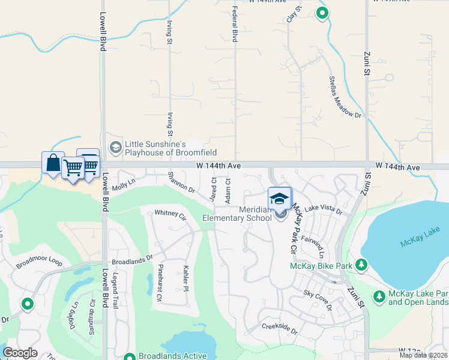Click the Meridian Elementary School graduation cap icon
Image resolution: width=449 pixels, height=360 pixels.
pos(279,198)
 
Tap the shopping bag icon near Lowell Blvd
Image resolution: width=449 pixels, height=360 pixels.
pos(53,163)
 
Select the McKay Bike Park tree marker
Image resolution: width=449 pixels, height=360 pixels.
pos(361,265)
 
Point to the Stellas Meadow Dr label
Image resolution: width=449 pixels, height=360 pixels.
pos(345,97)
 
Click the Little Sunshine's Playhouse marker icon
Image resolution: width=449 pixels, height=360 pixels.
pos(115,146)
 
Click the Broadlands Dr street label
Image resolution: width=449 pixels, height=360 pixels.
pos(132,262)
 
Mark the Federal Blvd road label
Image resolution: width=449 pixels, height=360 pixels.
pos(235,25)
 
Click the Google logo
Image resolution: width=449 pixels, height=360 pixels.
pos(20,353)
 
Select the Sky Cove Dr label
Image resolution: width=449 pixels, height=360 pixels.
pos(318,300)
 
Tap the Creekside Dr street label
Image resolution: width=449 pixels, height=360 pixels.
pos(280,328)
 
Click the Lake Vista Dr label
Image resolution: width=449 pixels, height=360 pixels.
pos(323,210)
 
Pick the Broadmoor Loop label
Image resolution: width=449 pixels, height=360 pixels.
pos(39,262)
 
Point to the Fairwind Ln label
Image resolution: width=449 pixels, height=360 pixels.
pos(316,246)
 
